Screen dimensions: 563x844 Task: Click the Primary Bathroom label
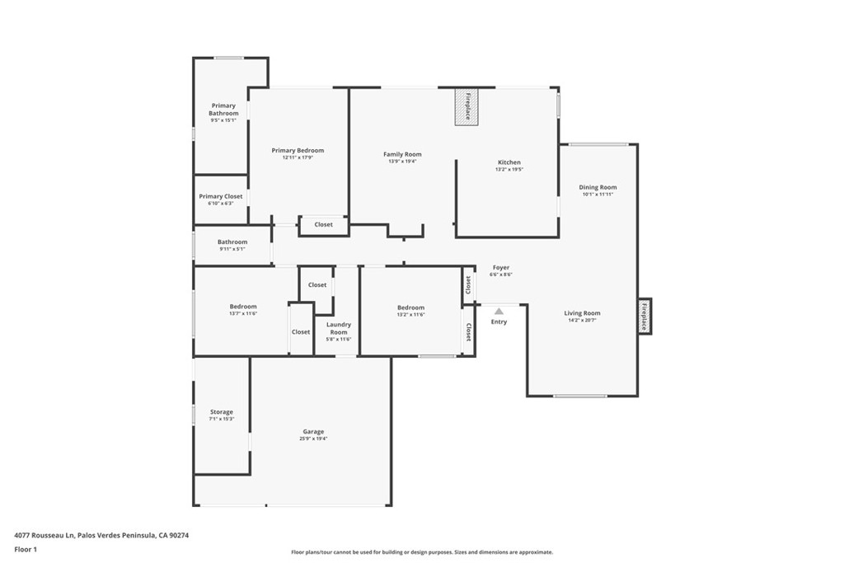tap(223, 110)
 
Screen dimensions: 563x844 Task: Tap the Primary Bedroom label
tap(298, 151)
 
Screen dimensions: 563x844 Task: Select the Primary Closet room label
tap(221, 197)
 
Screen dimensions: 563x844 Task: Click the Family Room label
tap(402, 155)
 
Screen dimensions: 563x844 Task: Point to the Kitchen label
tap(509, 162)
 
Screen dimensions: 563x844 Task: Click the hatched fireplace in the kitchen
tap(467, 107)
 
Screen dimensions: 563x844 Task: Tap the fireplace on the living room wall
tap(645, 316)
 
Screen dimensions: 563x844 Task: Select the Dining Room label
tap(598, 188)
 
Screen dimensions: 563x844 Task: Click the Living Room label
tap(582, 313)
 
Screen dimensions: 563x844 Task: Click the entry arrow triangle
tap(499, 311)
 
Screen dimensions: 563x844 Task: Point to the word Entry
tap(499, 321)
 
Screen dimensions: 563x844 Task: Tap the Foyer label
tap(501, 268)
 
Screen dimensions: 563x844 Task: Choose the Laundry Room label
tap(339, 328)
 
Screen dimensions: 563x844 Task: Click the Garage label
tap(313, 432)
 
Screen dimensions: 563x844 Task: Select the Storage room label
tap(221, 412)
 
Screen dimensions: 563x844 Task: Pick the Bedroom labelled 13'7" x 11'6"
tap(243, 307)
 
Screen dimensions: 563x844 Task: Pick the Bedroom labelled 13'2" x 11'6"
tap(410, 307)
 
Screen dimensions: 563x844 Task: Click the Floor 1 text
tap(26, 548)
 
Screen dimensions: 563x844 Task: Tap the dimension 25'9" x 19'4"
tap(313, 439)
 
